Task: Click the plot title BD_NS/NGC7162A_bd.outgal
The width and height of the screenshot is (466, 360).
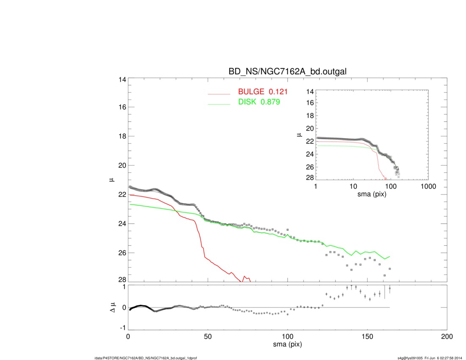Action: [x=287, y=72]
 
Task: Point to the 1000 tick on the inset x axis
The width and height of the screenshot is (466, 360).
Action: [x=428, y=186]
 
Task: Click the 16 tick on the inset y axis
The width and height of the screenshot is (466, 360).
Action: [x=309, y=102]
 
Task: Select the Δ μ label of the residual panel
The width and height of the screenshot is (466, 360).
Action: [x=112, y=307]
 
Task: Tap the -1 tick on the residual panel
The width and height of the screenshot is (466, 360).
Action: [x=121, y=328]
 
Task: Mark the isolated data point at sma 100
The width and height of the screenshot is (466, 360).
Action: [x=288, y=230]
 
